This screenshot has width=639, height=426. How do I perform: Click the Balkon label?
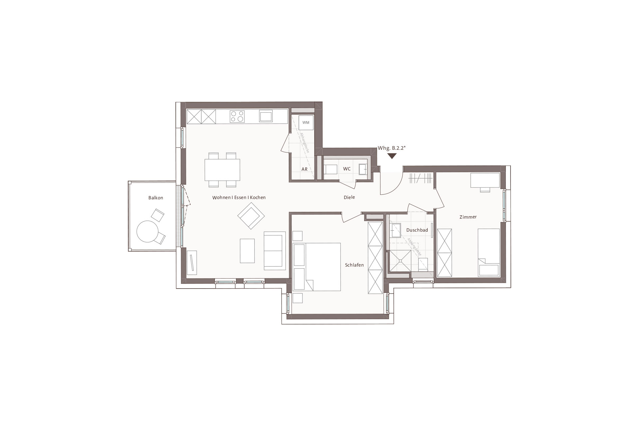point(156,198)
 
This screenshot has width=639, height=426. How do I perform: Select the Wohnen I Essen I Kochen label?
point(239,198)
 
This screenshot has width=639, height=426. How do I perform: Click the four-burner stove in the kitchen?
point(237,116)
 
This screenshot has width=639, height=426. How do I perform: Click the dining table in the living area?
point(222,169)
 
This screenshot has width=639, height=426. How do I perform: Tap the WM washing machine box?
point(306,123)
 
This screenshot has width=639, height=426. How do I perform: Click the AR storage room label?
point(305,169)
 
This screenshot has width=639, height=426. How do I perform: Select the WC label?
point(347,169)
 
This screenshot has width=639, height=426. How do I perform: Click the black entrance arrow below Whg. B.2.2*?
point(392,156)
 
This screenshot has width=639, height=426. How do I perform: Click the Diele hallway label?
point(349,197)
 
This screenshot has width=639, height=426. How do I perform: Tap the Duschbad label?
point(417,230)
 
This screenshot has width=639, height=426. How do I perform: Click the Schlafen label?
point(354,265)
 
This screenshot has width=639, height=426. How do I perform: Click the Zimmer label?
point(468,217)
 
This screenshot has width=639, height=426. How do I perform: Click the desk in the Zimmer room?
point(485,180)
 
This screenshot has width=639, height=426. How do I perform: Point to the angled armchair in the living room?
point(251,216)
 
